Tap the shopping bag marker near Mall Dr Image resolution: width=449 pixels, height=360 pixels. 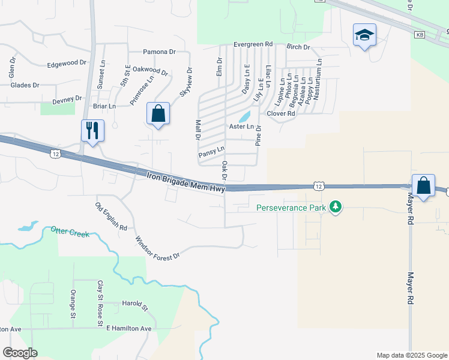click(x=158, y=113)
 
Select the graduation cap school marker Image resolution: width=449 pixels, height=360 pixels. click(x=364, y=35)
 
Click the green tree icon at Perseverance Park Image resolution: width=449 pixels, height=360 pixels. click(x=336, y=208)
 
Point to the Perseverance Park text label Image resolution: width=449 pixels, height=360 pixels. click(x=291, y=208)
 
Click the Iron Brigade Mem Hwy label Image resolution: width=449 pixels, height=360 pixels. click(x=186, y=182)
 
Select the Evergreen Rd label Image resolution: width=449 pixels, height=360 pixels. click(x=253, y=44)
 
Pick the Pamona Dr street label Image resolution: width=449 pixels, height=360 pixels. click(x=159, y=52)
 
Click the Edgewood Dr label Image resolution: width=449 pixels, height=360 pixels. click(x=67, y=64)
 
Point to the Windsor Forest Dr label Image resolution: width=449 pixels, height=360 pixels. click(x=157, y=247)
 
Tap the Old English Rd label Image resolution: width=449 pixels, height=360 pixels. click(x=111, y=217)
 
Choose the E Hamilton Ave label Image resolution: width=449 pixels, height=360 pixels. click(x=129, y=329)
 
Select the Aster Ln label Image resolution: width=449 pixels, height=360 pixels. click(x=242, y=127)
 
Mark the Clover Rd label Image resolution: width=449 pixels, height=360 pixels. click(x=280, y=113)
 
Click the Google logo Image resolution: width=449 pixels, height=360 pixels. click(x=20, y=352)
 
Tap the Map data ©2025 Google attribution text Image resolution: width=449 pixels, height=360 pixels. click(x=411, y=355)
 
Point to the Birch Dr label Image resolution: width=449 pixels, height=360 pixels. click(x=298, y=47)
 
